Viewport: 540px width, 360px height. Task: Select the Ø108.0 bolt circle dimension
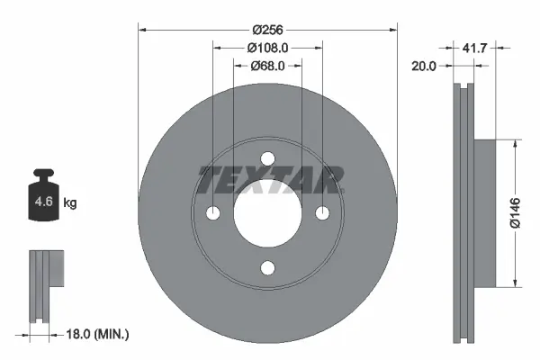(x=267, y=49)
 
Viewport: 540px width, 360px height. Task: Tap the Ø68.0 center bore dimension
(x=267, y=66)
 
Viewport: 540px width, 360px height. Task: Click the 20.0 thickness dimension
(x=425, y=66)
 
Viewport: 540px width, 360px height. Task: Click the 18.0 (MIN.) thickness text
(x=99, y=334)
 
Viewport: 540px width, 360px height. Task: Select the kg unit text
(x=70, y=203)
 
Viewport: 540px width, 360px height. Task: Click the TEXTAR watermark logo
(x=268, y=180)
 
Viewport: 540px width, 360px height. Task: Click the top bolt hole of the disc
(x=267, y=159)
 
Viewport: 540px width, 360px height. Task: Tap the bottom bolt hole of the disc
(x=267, y=267)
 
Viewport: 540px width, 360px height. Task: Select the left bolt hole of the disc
(x=213, y=213)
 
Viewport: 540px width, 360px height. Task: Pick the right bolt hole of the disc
(x=321, y=213)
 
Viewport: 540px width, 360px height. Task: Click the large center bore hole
(x=267, y=213)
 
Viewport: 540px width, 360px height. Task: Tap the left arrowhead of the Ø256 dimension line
(x=141, y=29)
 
